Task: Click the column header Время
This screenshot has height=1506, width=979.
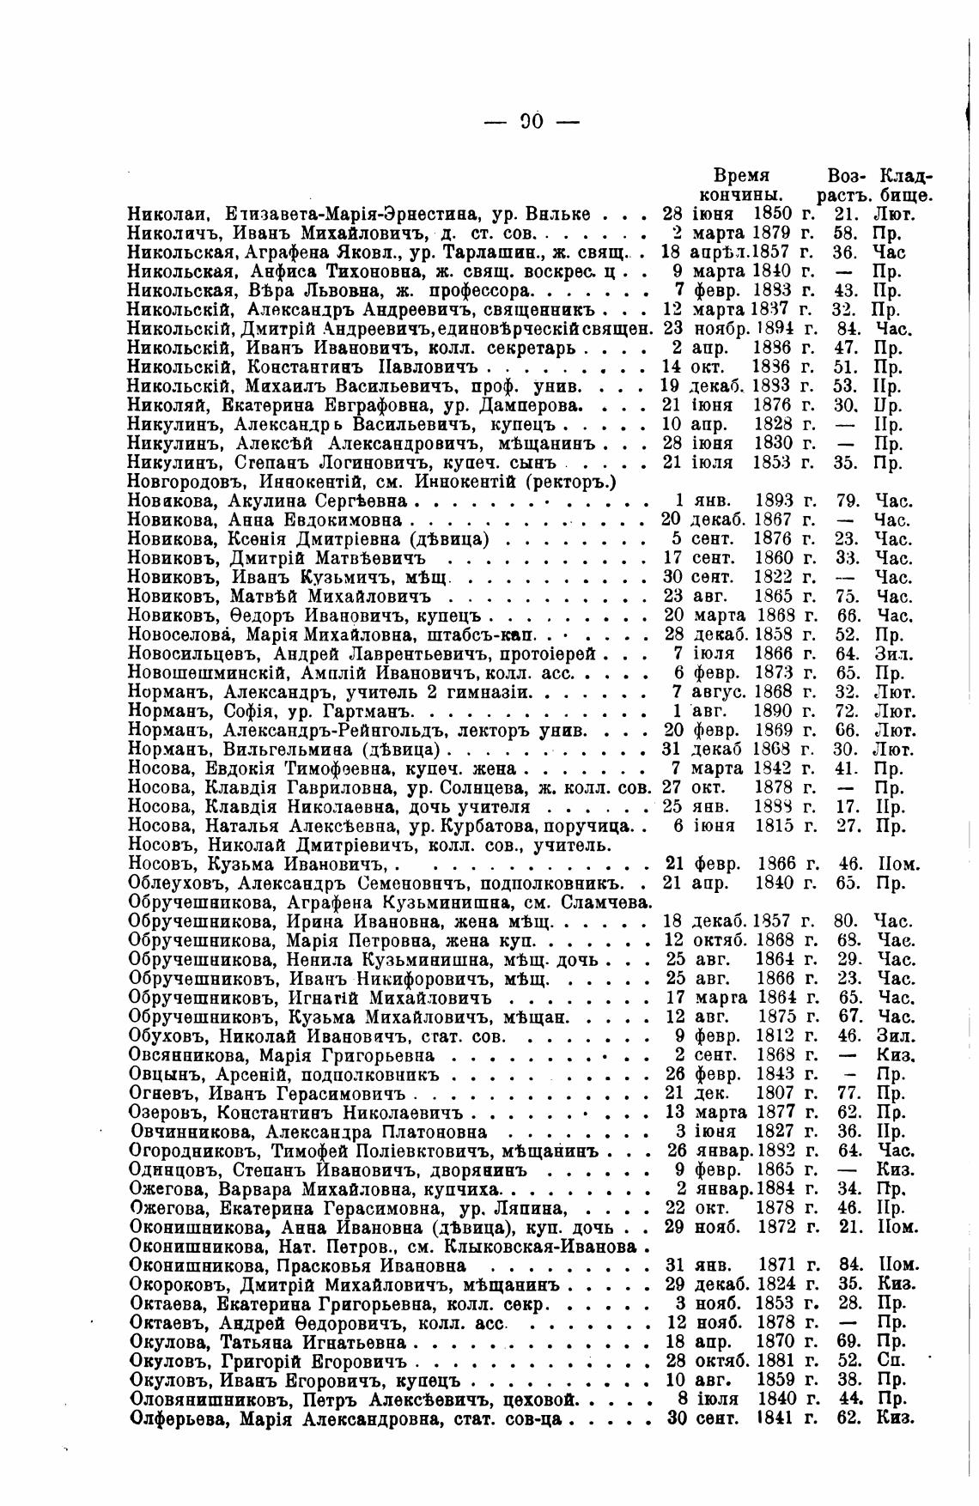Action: click(x=742, y=175)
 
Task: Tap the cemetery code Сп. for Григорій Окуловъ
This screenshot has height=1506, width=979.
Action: click(x=888, y=1361)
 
